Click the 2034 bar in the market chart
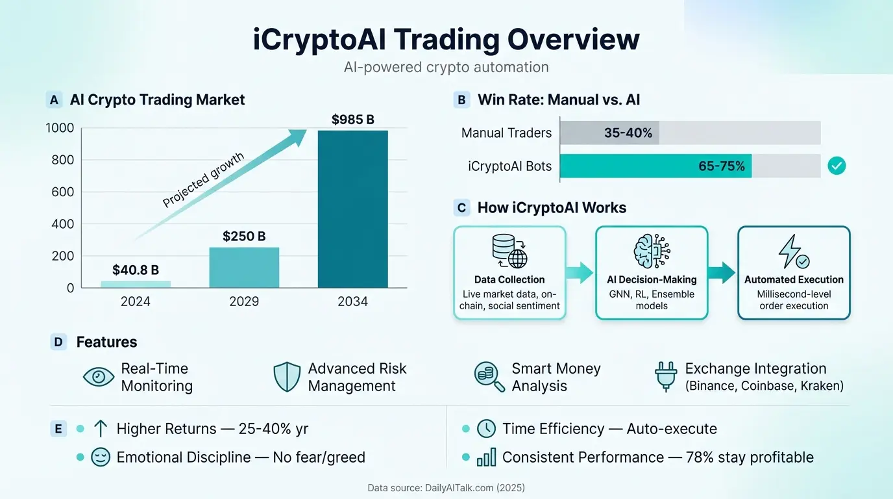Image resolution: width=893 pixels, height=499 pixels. tap(352, 209)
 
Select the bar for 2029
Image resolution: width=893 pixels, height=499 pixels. tap(244, 267)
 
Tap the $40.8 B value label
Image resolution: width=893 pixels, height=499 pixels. tap(135, 270)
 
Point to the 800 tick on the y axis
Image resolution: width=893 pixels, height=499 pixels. tap(60, 160)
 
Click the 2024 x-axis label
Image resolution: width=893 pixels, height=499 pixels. tap(135, 301)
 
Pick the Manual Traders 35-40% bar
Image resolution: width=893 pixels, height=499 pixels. tap(609, 133)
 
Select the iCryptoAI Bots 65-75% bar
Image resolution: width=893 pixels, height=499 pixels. tap(655, 166)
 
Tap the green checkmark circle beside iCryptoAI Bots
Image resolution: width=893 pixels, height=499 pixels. tap(837, 166)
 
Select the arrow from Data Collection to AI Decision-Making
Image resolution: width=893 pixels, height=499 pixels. tap(580, 273)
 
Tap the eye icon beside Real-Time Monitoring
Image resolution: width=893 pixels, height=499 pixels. tap(99, 377)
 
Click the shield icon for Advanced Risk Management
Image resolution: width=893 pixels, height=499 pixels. tap(287, 377)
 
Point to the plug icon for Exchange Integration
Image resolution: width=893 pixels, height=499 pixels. tap(667, 377)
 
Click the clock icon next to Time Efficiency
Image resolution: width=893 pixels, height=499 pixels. tap(486, 429)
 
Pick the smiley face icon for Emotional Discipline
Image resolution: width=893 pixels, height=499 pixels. tap(101, 457)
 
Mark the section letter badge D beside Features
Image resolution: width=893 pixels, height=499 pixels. tap(59, 342)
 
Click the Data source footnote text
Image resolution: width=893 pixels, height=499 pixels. tap(446, 487)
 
